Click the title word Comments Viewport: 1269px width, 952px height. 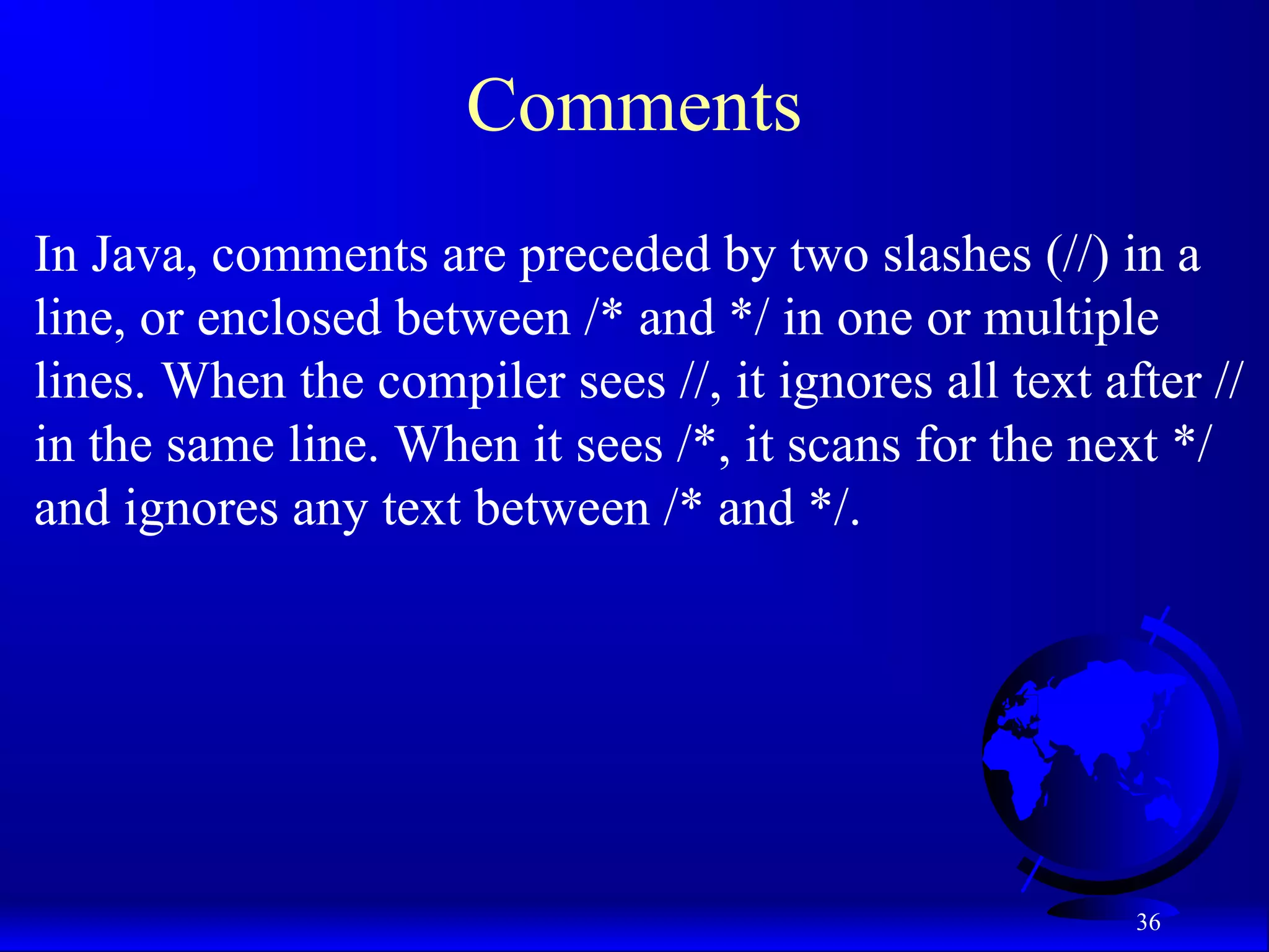(x=633, y=105)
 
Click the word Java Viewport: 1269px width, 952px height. (x=144, y=255)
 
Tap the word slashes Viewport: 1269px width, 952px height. (x=957, y=255)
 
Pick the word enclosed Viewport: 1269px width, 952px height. (x=289, y=319)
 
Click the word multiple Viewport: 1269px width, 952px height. (x=1071, y=319)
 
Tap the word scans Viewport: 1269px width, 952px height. (x=844, y=446)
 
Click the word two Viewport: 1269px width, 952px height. (x=829, y=255)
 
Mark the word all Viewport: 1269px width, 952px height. (x=973, y=382)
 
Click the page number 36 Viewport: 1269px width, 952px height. (x=1148, y=922)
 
